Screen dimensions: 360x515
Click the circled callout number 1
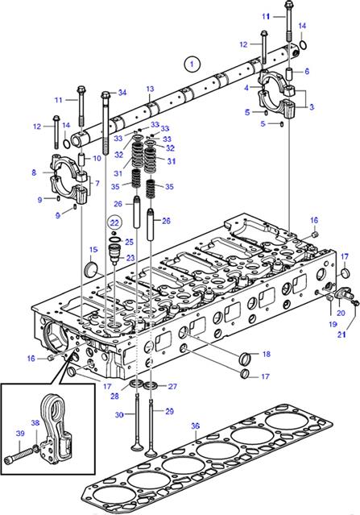pos(192,64)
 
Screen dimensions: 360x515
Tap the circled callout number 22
pos(114,223)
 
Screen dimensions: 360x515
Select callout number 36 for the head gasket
pos(195,426)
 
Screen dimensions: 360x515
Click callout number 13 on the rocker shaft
pos(150,89)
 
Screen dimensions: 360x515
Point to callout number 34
pos(122,93)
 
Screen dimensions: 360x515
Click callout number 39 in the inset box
pos(20,434)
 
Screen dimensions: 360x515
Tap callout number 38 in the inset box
pos(35,423)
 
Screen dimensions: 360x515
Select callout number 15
pos(93,250)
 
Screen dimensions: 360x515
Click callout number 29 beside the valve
pos(169,411)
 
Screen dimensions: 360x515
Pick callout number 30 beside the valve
pos(119,415)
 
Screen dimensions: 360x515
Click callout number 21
pos(342,334)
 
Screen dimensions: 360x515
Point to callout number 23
pos(130,258)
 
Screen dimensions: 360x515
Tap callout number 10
pos(97,158)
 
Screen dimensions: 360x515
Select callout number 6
pos(307,71)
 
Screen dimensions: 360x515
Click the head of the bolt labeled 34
pos(105,94)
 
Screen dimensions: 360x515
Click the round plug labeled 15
pos(90,268)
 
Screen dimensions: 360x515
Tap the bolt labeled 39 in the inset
pos(19,455)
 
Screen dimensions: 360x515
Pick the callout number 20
pos(341,313)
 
